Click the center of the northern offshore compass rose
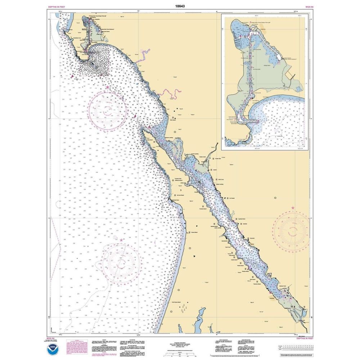pyautogui.click(x=107, y=111)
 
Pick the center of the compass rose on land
pyautogui.click(x=291, y=230)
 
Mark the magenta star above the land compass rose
pyautogui.click(x=293, y=208)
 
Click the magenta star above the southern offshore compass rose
pyautogui.click(x=121, y=239)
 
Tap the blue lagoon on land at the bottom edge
pyautogui.click(x=197, y=322)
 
